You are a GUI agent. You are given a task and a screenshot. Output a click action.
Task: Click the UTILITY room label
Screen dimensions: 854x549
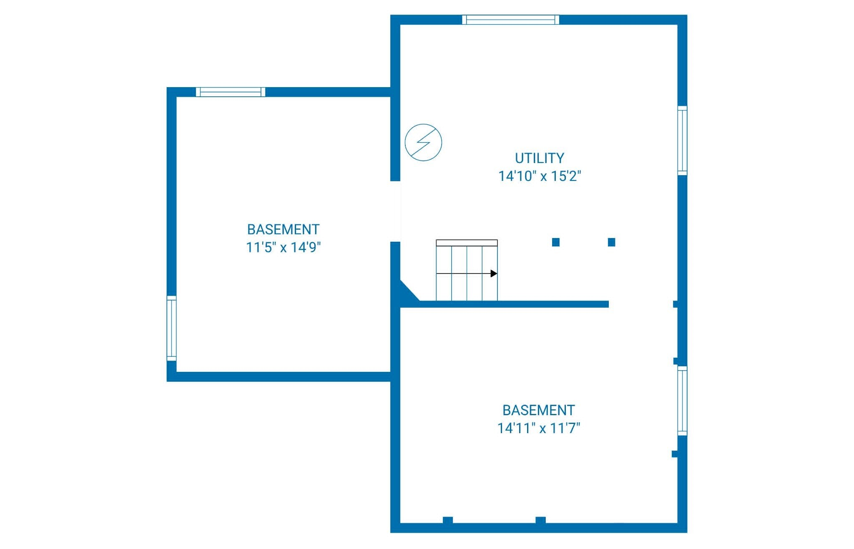540,158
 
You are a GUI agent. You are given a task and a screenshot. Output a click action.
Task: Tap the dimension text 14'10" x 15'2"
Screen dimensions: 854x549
540,176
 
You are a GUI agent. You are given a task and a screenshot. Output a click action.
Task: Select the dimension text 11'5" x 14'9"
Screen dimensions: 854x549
283,248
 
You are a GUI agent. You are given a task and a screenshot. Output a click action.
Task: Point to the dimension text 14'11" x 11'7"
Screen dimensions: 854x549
539,428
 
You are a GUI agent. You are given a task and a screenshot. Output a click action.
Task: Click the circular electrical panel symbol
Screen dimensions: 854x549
423,142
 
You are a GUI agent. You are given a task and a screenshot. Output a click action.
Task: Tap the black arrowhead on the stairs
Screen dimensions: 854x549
494,273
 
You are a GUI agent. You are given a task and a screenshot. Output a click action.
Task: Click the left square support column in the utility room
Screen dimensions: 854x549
556,242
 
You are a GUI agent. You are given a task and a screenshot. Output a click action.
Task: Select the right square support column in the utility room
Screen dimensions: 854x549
612,242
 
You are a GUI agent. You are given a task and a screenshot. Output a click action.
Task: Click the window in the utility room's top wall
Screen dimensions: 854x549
511,20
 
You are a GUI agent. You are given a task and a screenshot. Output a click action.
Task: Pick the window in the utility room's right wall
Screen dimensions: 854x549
682,140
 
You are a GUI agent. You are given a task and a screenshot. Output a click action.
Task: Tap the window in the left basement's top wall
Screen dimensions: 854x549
231,92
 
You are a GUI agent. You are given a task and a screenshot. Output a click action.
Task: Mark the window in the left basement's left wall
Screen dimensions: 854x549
171,328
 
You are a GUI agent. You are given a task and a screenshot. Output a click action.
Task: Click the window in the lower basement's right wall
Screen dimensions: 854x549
682,401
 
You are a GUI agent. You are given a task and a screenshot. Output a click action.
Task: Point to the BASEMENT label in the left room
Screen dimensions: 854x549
283,230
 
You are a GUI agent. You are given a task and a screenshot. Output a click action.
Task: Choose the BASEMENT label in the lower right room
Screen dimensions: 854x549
539,410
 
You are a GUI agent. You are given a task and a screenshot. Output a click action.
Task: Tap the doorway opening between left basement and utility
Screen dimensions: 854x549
395,211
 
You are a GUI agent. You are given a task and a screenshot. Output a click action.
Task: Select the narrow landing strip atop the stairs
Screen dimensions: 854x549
467,243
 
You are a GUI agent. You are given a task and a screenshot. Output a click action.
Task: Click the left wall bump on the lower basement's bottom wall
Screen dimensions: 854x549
448,520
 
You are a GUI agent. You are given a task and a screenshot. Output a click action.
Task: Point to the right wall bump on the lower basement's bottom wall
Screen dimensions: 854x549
540,520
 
